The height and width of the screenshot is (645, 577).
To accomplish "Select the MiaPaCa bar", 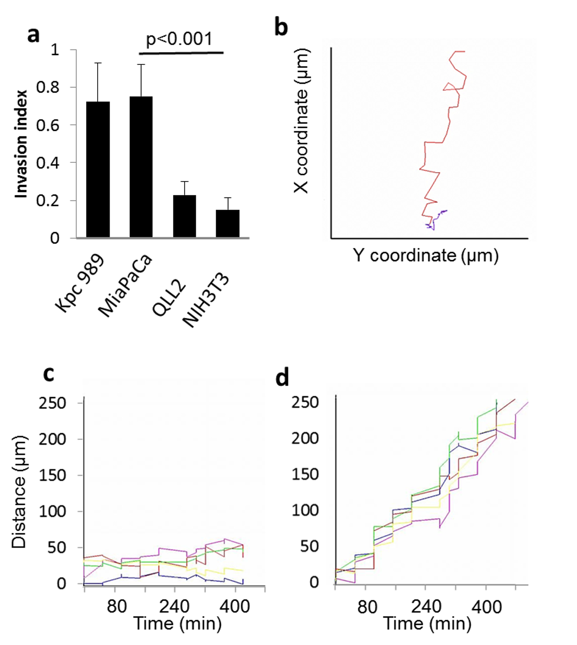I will (x=141, y=167).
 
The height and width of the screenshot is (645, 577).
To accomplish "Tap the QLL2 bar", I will (x=184, y=216).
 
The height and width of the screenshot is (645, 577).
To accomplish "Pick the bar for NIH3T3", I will (x=227, y=223).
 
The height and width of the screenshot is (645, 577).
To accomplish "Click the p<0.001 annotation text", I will (x=179, y=38).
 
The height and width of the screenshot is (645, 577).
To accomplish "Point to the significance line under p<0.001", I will (x=182, y=52).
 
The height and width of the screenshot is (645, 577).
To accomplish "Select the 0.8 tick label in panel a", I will (x=48, y=87).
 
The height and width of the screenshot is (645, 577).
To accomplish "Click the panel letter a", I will (x=33, y=35).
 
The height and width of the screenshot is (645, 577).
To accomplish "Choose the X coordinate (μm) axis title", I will (x=301, y=121).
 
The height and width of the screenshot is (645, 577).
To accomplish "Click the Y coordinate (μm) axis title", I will (x=426, y=255).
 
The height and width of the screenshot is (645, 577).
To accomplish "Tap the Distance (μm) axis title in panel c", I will (x=19, y=492).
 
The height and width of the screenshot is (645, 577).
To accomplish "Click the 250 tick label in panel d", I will (x=305, y=402).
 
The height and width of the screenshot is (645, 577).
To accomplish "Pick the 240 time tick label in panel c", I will (x=174, y=606).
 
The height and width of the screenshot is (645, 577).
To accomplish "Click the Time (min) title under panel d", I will (x=427, y=623).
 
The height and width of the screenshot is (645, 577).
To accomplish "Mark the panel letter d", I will (x=282, y=378).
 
